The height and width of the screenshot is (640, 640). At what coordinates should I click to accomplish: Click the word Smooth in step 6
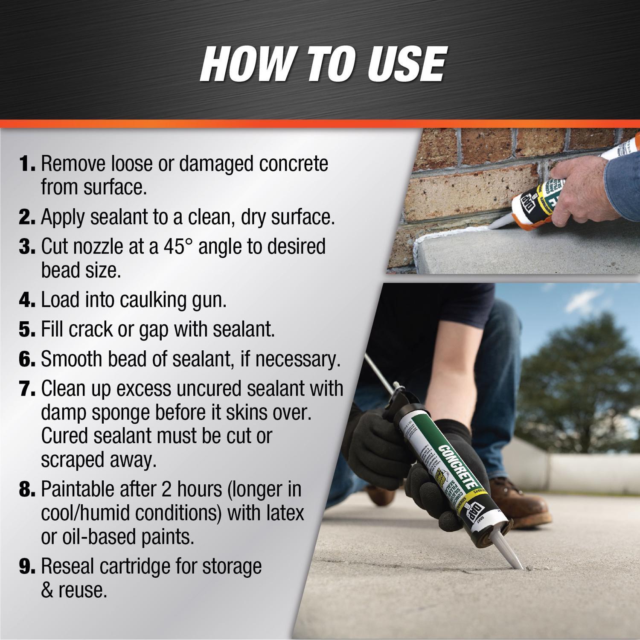71,359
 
